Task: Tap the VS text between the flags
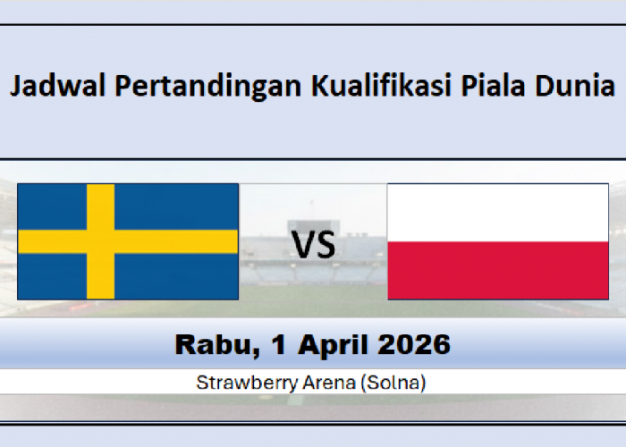pos(314,243)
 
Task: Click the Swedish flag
pos(128,241)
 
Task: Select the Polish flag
pos(498,241)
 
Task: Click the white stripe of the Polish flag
pos(498,213)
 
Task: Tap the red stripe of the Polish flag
pos(498,270)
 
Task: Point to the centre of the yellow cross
pos(100,241)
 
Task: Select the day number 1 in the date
pos(264,344)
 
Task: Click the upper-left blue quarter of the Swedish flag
pos(52,206)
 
